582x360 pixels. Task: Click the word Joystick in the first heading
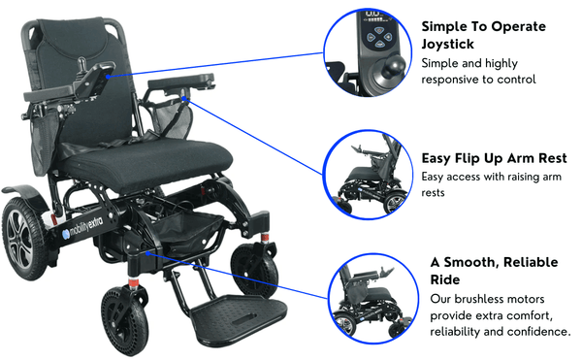tap(447, 45)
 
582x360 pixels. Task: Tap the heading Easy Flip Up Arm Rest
tap(494, 158)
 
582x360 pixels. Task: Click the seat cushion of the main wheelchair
tap(148, 163)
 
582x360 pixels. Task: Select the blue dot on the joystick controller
tap(108, 77)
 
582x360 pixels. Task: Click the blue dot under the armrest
tap(184, 98)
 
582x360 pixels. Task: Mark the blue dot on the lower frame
tap(147, 252)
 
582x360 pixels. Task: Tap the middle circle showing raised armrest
tap(368, 175)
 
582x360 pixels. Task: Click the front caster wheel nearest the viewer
tap(125, 322)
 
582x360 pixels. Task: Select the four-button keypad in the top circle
tap(379, 37)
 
